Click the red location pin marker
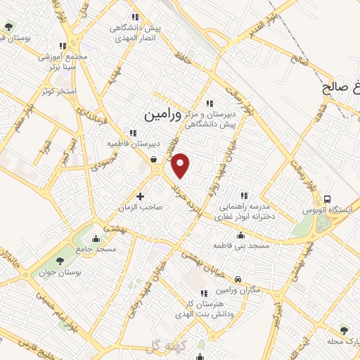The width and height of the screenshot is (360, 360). (181, 165)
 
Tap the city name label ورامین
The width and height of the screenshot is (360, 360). (162, 112)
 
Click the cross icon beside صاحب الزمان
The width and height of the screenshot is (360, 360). (141, 196)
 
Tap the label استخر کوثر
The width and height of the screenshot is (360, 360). (57, 91)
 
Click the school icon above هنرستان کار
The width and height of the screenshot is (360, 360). (204, 294)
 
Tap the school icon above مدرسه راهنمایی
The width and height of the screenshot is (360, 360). (244, 195)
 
